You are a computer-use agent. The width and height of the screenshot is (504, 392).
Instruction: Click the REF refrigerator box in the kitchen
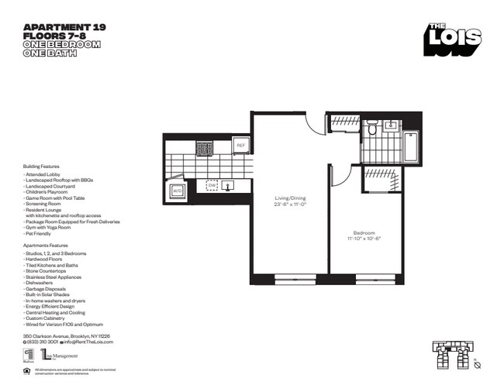click(240, 146)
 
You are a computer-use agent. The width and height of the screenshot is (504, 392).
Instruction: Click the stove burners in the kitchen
click(204, 146)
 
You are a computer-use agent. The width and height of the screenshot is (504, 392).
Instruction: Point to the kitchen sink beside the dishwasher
click(228, 186)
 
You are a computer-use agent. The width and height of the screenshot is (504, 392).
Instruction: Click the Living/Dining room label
click(291, 198)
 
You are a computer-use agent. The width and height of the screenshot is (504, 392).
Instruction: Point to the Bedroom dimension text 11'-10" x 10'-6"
click(364, 239)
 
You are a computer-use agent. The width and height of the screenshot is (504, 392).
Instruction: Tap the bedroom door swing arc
click(337, 177)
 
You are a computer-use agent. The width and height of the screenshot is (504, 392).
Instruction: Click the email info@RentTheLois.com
click(85, 342)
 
